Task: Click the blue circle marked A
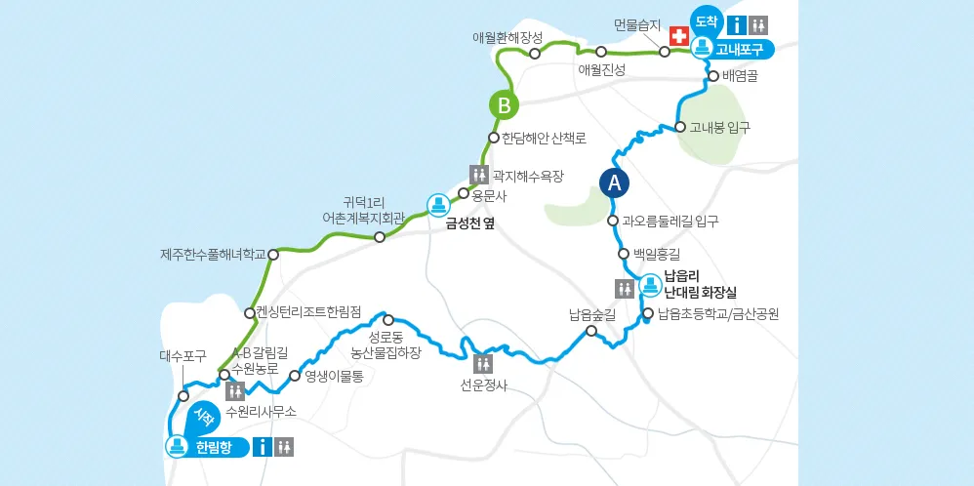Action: [614, 182]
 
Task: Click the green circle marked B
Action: [503, 105]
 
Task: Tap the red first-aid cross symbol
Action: [676, 34]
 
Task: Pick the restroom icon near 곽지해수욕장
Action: [479, 175]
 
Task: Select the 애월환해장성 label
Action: [507, 37]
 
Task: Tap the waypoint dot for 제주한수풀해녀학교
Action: [273, 255]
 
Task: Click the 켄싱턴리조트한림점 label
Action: [309, 312]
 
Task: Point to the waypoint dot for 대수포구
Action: [183, 396]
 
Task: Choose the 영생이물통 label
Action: [334, 375]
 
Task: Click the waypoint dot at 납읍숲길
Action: [590, 332]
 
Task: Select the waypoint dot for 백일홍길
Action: [624, 254]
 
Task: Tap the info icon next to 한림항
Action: [262, 447]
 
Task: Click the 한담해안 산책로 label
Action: [544, 138]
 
